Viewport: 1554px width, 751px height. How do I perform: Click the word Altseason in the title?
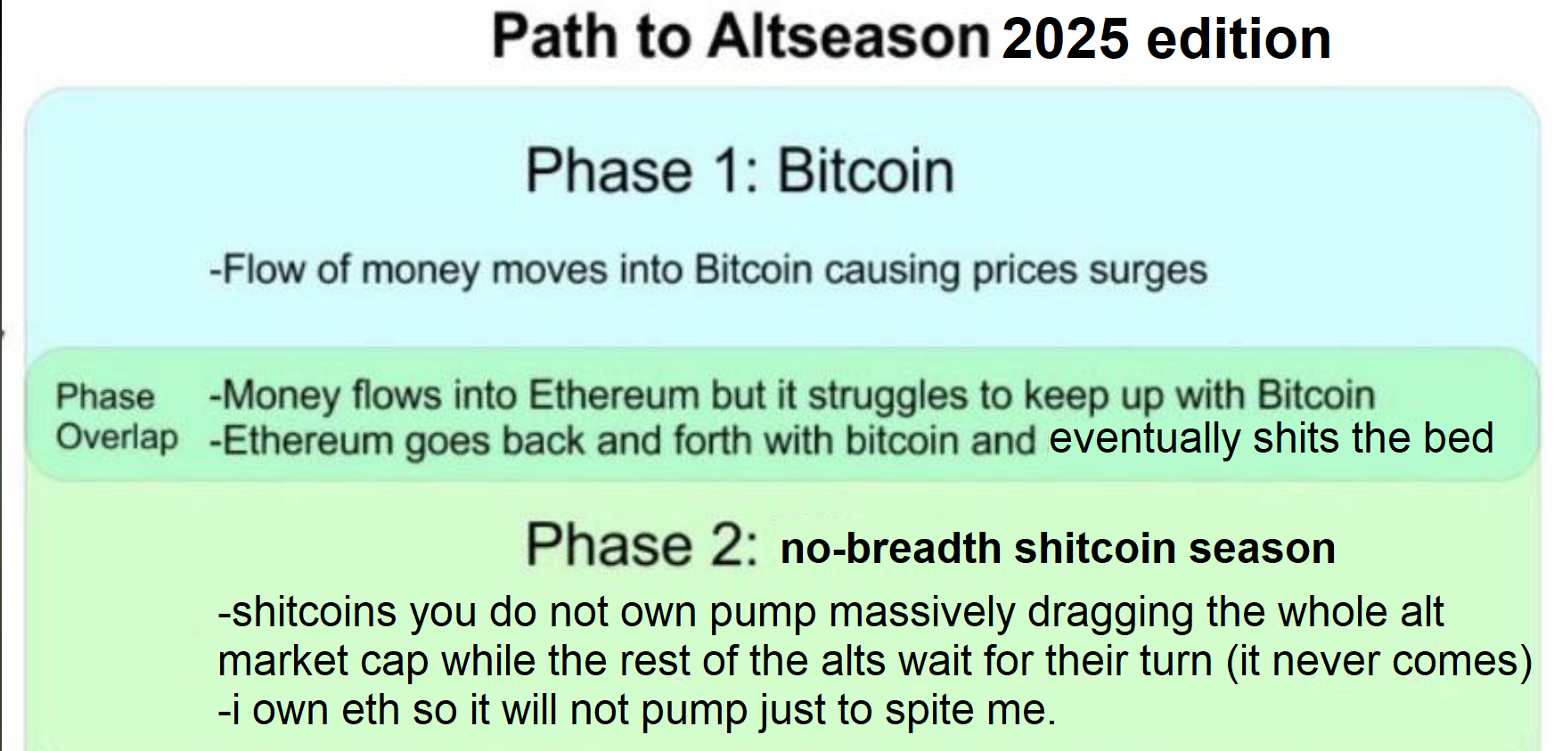point(850,37)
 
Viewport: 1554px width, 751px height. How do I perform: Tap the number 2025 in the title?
point(1066,39)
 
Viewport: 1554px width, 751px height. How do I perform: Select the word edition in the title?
point(1239,39)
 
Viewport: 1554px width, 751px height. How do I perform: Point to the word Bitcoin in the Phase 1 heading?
point(866,170)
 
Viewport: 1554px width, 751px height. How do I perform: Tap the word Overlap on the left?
point(117,437)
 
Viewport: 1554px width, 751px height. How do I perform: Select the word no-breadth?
point(890,548)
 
